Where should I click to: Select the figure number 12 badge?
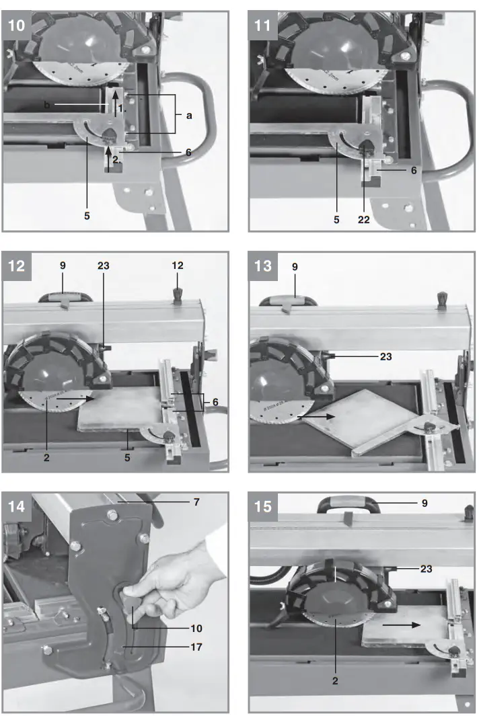pos(16,266)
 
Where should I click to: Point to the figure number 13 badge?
pos(263,266)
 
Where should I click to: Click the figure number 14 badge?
pos(16,505)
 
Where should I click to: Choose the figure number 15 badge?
pos(263,505)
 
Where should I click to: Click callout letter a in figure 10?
pos(189,116)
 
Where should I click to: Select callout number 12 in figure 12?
pos(177,266)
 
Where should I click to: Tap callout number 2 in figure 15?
pos(334,680)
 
